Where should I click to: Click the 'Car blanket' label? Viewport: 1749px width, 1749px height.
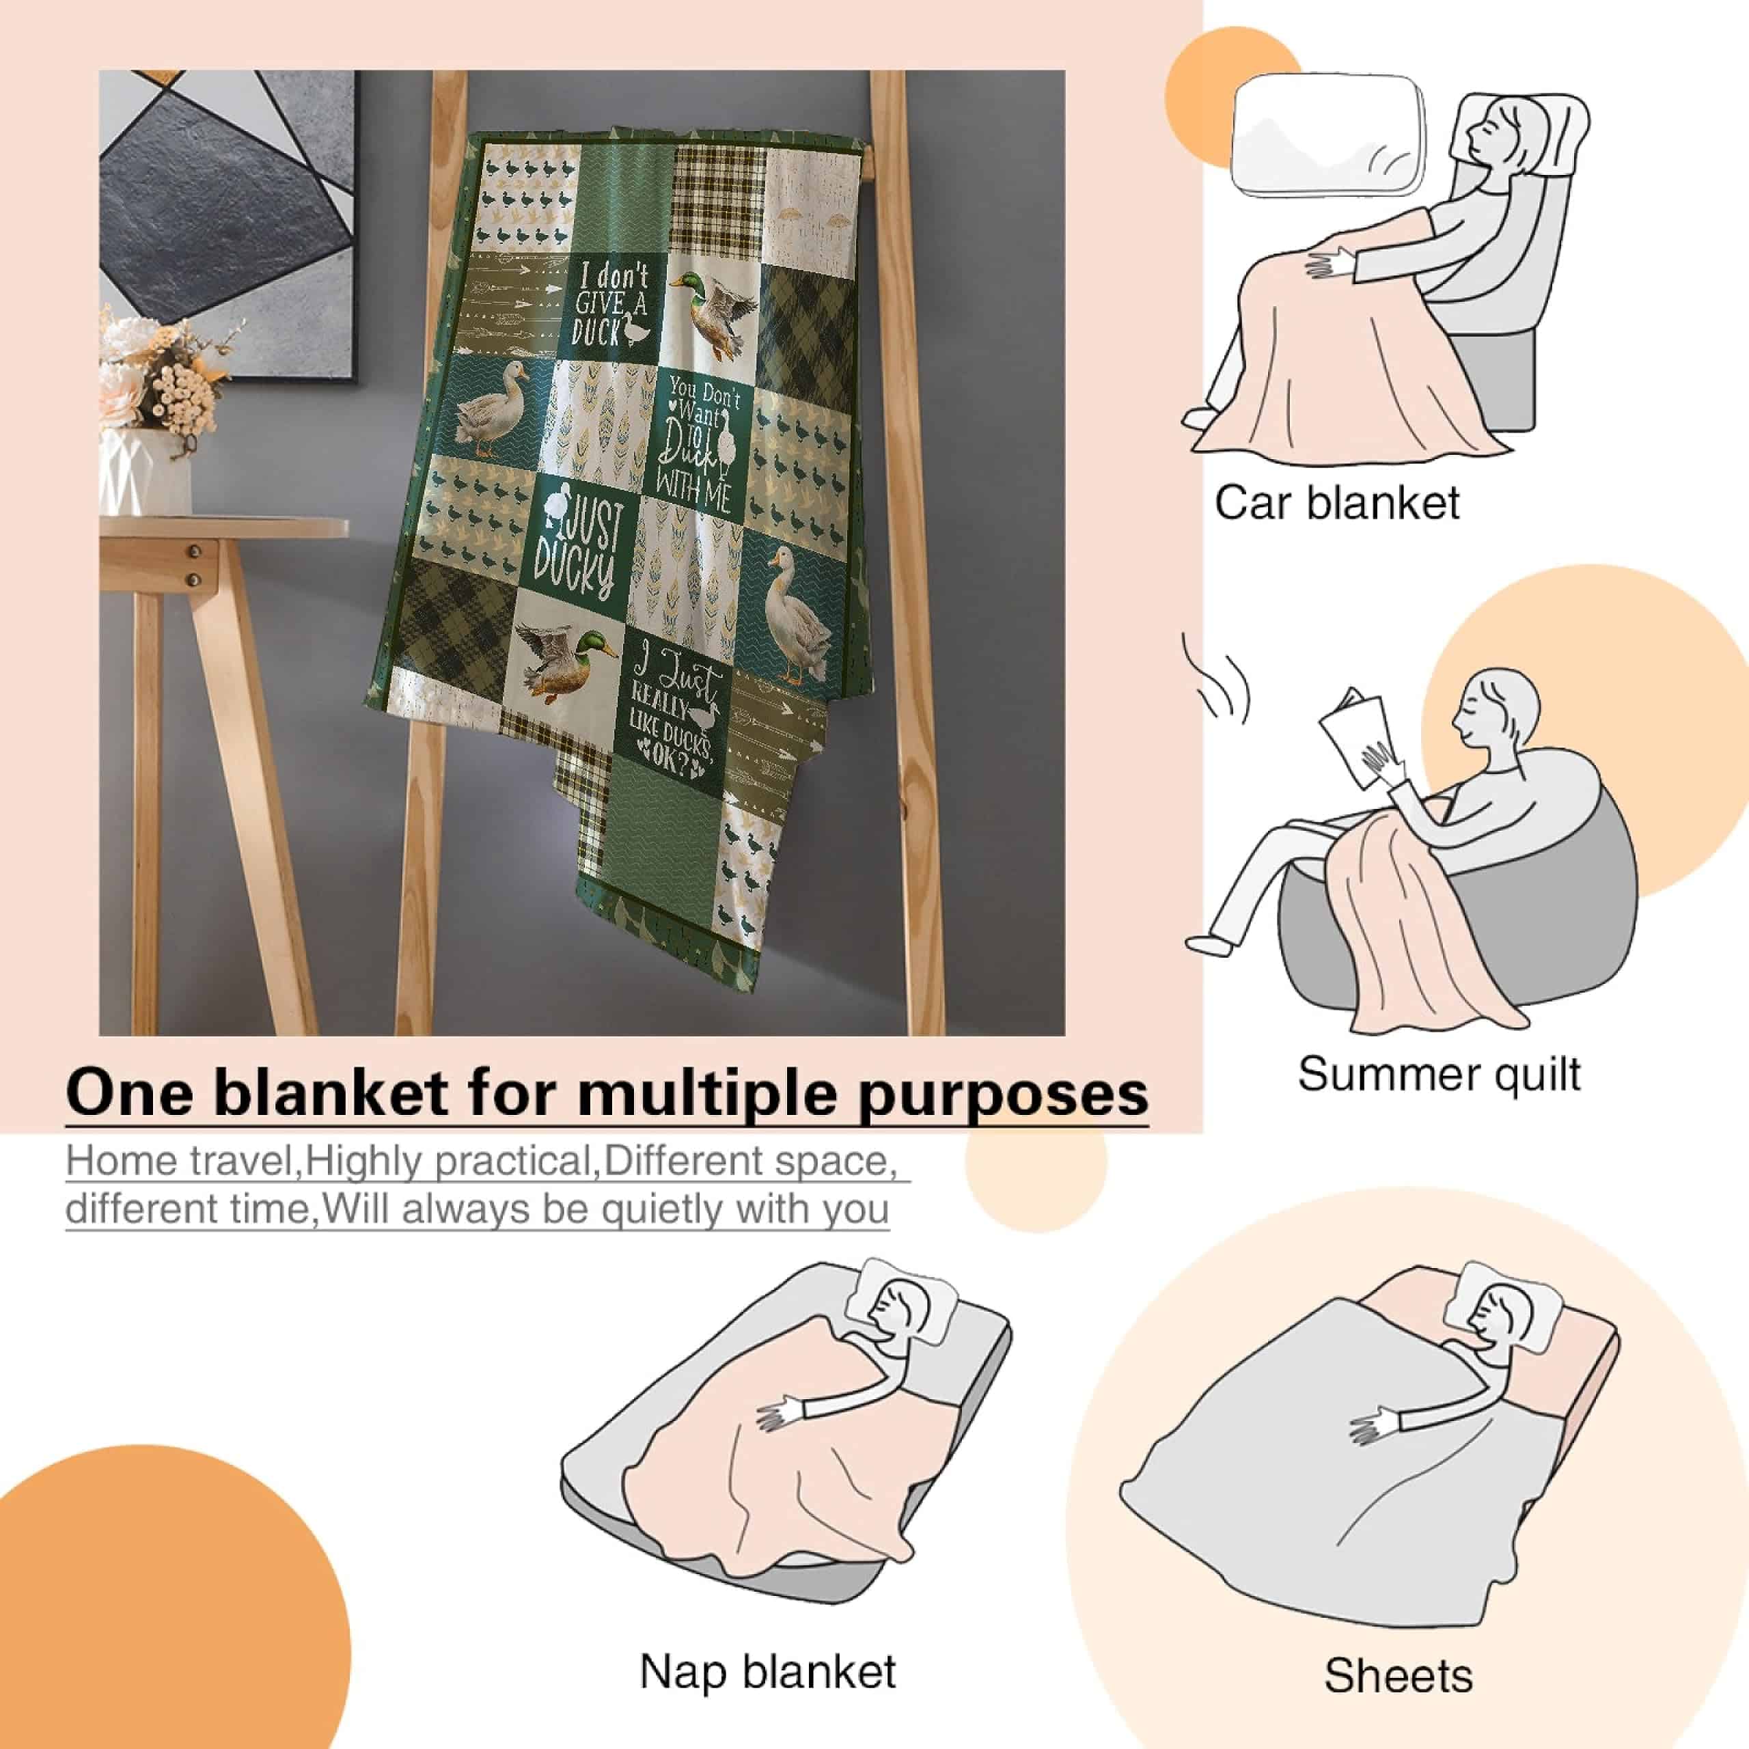[x=1336, y=504]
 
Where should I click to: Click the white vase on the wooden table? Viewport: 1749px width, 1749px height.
[x=146, y=471]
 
